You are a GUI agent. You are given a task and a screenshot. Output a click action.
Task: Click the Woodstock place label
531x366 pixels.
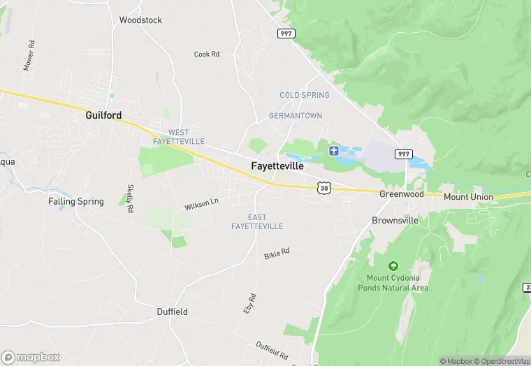(140, 20)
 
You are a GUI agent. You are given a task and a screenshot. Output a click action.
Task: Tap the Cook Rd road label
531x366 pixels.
(207, 54)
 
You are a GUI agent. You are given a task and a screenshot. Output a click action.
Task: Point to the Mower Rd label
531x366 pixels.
(29, 54)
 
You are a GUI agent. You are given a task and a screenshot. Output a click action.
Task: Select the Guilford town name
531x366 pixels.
(103, 115)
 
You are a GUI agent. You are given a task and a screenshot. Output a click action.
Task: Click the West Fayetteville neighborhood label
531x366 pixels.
(179, 137)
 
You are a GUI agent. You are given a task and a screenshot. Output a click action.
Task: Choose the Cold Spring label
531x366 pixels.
(304, 95)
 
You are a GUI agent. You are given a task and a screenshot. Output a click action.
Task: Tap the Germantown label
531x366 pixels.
(296, 116)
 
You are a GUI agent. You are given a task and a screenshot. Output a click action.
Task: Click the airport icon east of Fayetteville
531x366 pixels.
(333, 150)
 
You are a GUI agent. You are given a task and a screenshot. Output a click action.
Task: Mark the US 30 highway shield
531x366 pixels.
(323, 187)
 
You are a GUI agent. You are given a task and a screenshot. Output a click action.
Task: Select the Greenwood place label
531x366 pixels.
(402, 194)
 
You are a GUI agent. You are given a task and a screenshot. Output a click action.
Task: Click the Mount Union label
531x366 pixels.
(468, 197)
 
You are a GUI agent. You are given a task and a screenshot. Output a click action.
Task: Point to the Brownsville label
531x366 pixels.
(395, 220)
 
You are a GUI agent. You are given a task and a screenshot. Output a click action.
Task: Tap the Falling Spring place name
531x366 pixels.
(76, 201)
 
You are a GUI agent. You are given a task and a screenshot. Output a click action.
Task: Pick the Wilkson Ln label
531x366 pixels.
(202, 204)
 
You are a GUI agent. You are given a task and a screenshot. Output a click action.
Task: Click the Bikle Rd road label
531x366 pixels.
(277, 253)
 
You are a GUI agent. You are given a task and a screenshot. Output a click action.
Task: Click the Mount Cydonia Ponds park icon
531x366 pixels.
(393, 266)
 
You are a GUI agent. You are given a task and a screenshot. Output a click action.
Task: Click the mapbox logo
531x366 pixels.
(31, 357)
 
